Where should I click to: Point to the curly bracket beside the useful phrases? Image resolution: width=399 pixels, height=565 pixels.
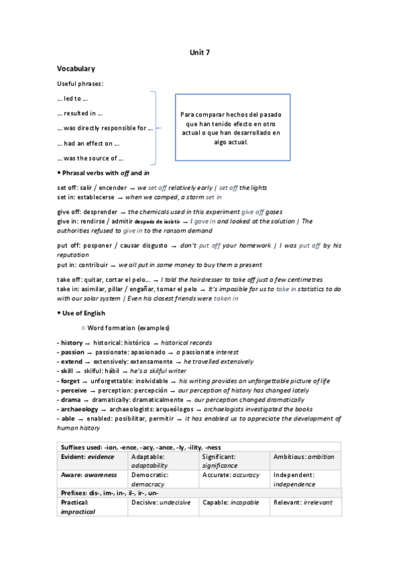click(x=155, y=127)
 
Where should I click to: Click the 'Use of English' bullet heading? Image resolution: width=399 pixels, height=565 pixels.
click(x=83, y=313)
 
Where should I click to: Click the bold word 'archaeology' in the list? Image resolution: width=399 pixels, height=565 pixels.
click(x=78, y=408)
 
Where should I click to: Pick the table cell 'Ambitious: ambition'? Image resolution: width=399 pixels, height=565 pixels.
click(x=304, y=457)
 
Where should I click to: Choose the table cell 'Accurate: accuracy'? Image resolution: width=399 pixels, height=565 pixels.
click(x=232, y=475)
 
